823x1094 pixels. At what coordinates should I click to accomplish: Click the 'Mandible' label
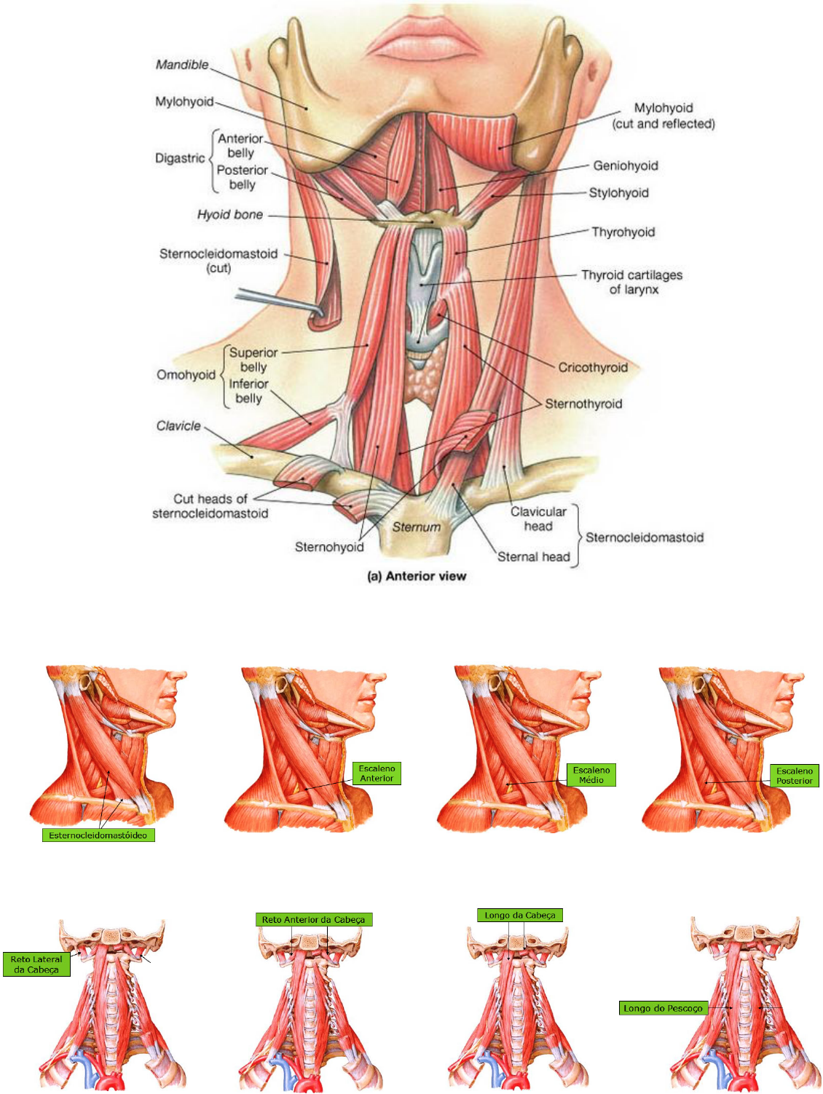(182, 65)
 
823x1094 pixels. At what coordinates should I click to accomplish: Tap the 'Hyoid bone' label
(229, 215)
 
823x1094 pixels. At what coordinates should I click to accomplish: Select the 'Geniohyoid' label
(625, 166)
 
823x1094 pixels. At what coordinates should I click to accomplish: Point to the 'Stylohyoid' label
(618, 193)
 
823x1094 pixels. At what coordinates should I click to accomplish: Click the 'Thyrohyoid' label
(623, 232)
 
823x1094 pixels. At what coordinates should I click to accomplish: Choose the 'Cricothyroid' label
(592, 368)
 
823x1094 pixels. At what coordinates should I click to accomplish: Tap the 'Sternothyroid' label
(583, 404)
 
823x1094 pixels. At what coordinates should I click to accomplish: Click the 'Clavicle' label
(178, 426)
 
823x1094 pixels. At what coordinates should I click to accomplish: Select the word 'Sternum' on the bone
(417, 527)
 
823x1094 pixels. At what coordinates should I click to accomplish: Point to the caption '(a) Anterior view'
(417, 576)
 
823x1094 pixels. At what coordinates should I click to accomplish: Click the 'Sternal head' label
(533, 557)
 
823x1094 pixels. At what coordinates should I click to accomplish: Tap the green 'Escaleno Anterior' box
(377, 774)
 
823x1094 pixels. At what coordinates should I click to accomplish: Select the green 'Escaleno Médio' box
(591, 775)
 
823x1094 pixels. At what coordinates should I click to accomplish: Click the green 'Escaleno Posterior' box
(794, 776)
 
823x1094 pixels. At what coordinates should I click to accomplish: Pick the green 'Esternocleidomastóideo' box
(98, 835)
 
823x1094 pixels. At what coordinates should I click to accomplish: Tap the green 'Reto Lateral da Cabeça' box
(36, 964)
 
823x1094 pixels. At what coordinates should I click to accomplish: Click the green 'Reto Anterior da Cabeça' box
(313, 920)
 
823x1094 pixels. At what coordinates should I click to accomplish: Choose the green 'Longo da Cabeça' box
(520, 916)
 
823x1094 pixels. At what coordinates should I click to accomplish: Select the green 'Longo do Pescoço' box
(663, 1009)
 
